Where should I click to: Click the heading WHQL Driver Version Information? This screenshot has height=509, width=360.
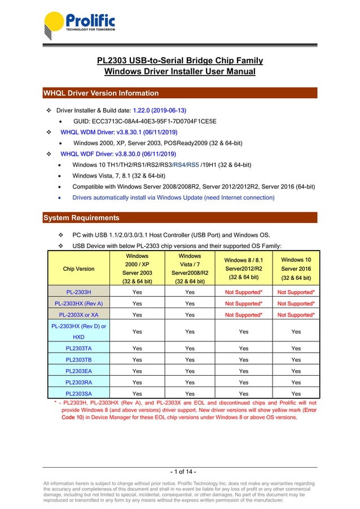[x=102, y=93]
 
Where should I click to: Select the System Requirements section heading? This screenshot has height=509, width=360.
[x=81, y=218]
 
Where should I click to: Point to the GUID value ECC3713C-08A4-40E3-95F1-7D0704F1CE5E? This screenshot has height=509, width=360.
[x=145, y=121]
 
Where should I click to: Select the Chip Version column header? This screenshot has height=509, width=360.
[x=78, y=269]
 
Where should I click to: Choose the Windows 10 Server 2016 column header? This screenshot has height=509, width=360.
[x=296, y=269]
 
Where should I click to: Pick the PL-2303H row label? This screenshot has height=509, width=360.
[x=78, y=292]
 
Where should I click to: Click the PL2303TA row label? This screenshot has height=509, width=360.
[x=78, y=348]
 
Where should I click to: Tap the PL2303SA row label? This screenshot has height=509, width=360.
[x=78, y=393]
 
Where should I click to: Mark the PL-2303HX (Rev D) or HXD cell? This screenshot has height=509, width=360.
[x=78, y=331]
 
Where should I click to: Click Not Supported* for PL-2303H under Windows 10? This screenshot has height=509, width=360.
[x=296, y=292]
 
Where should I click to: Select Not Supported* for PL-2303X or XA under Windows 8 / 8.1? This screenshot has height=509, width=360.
[x=243, y=315]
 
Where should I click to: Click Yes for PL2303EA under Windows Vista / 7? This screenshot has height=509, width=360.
[x=190, y=371]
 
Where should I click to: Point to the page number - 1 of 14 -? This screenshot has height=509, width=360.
[x=180, y=472]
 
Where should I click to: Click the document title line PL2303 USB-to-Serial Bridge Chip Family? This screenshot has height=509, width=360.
[x=180, y=60]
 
